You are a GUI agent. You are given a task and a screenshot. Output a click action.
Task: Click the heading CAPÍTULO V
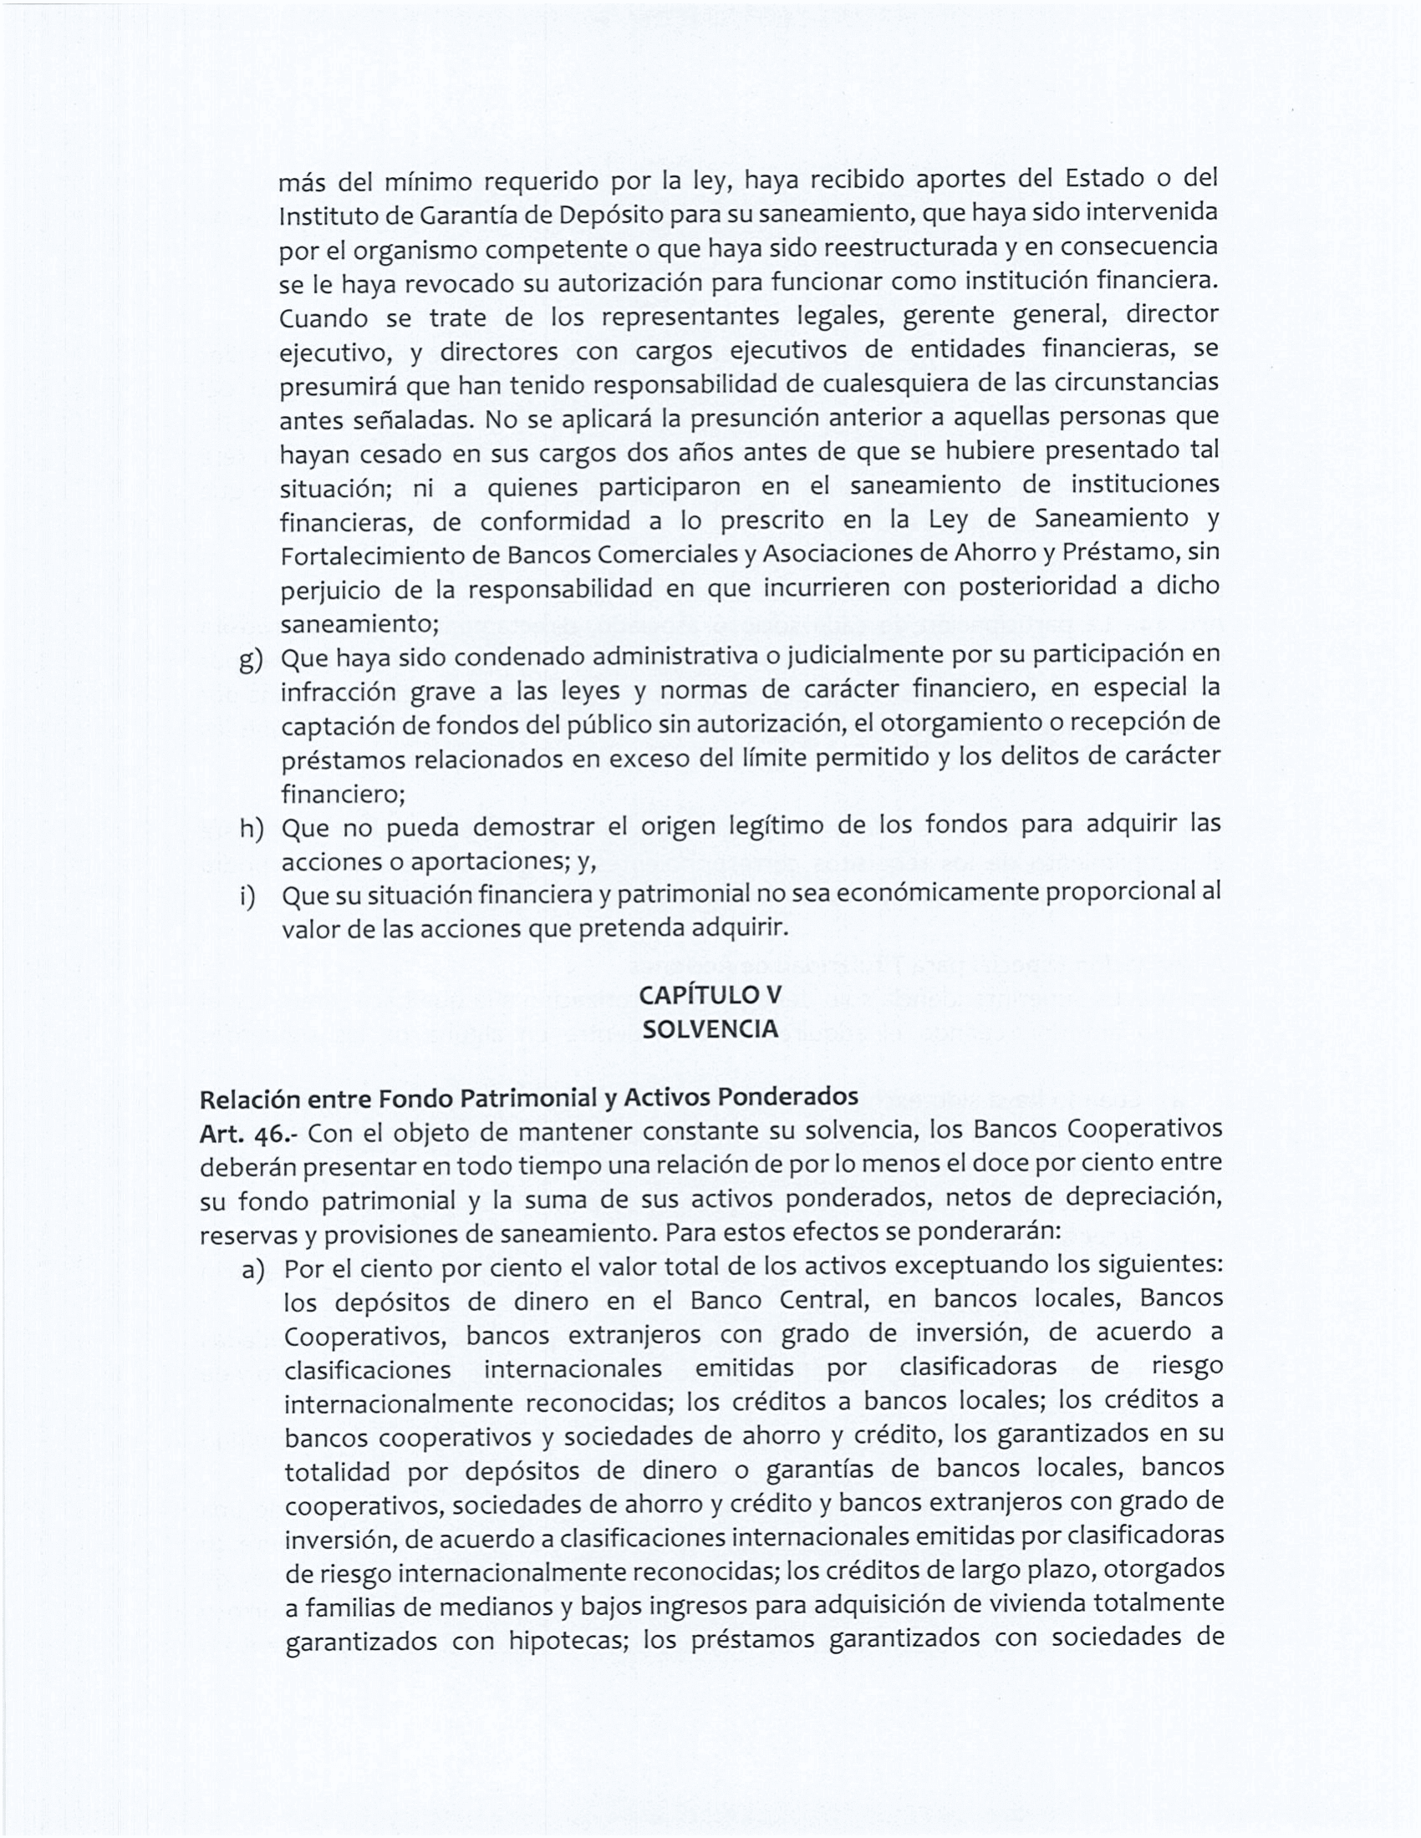[x=710, y=995]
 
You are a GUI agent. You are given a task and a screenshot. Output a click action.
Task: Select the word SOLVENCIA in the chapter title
[x=710, y=1029]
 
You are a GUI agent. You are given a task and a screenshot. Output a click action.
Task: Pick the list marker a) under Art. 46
[x=253, y=1270]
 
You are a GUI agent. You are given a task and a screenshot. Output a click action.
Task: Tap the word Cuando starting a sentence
[x=323, y=318]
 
